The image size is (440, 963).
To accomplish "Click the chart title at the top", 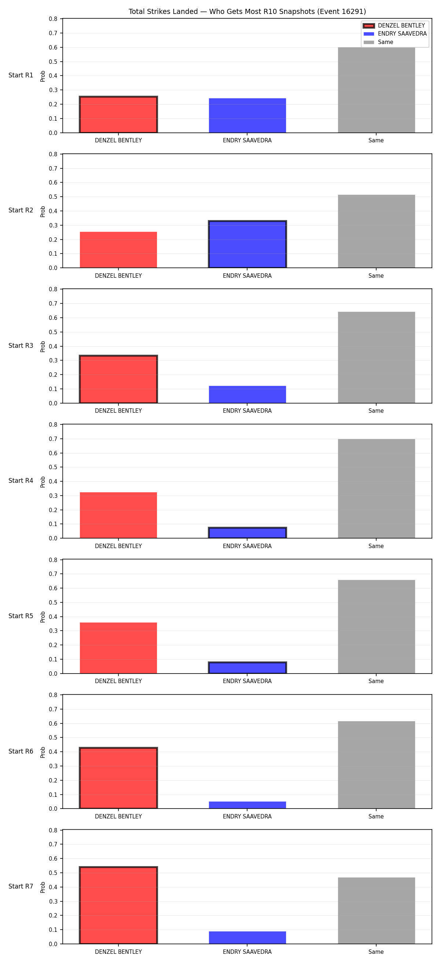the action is [247, 12].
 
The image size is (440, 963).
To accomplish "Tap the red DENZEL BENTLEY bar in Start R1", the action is [118, 114].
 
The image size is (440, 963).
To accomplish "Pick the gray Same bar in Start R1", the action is [376, 90].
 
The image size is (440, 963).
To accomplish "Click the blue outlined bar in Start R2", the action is [247, 244].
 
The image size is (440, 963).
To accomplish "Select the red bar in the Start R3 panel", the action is [118, 379].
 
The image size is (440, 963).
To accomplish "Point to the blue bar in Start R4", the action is [247, 533].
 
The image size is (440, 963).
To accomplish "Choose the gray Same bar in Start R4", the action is [376, 489].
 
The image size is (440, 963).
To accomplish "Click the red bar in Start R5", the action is [118, 648].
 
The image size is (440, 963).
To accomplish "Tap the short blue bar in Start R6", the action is [247, 805].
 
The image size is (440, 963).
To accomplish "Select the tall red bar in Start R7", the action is [118, 905].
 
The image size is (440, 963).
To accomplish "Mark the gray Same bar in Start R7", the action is [376, 911].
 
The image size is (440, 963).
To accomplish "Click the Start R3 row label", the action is [21, 346].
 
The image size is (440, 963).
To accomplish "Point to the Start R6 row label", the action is [21, 751].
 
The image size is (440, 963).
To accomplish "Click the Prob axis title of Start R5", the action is [43, 616].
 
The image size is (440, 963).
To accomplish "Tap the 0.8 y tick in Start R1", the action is [54, 19].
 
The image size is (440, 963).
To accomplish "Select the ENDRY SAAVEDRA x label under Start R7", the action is [247, 952].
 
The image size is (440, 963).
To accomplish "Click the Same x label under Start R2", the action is [376, 276].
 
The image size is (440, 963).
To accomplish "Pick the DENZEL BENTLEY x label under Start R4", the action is [118, 546].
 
